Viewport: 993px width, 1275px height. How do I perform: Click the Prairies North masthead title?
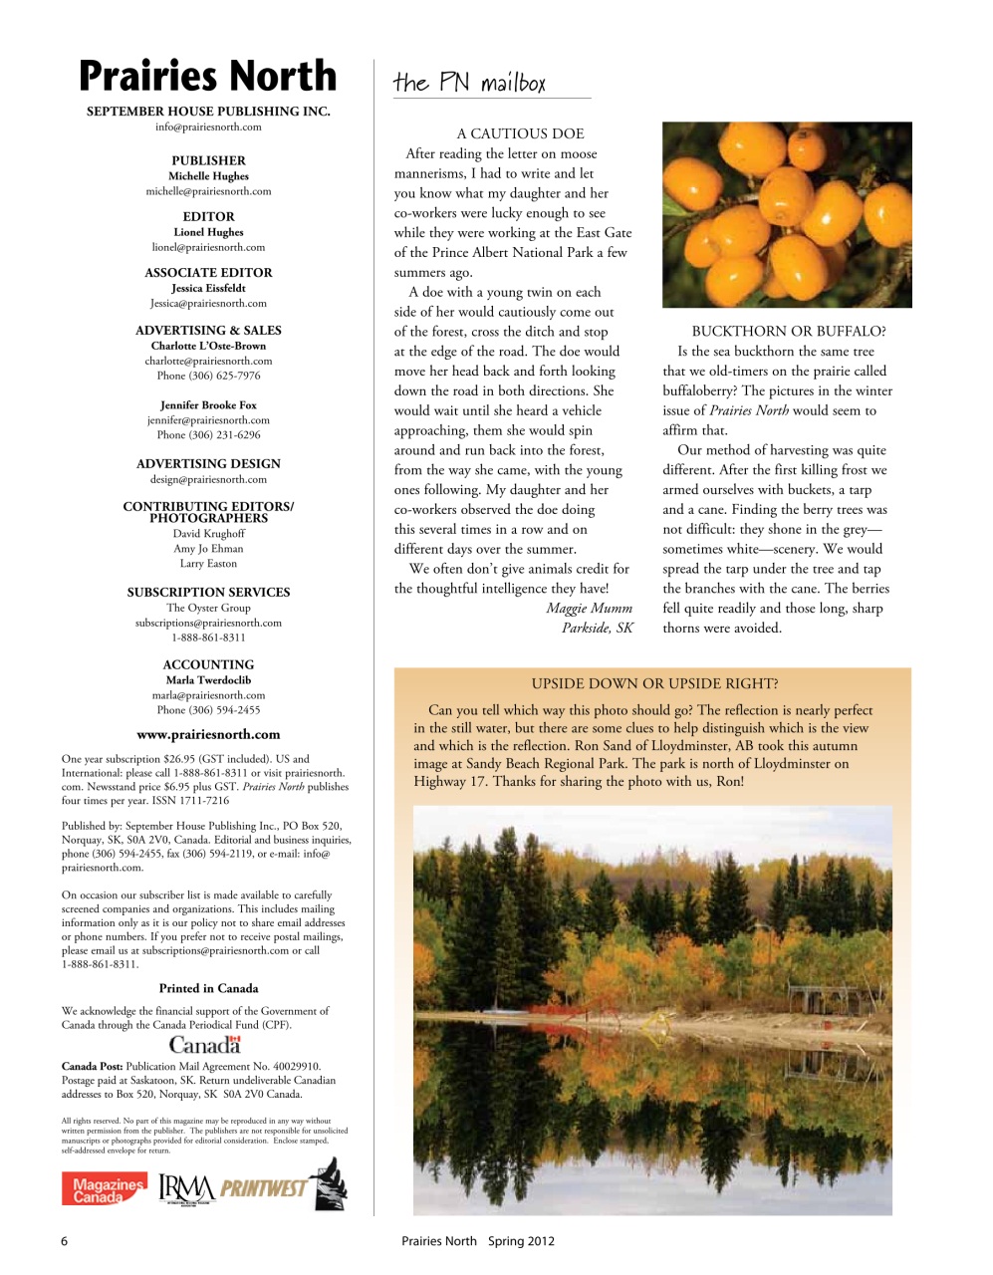(207, 77)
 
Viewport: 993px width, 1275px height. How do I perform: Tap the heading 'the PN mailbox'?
(469, 83)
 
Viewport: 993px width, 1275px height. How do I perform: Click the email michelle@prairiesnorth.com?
(208, 191)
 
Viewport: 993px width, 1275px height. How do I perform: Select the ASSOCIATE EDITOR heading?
(208, 272)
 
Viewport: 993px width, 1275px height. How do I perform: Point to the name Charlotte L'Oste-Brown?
(208, 346)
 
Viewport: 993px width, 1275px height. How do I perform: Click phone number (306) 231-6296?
(208, 435)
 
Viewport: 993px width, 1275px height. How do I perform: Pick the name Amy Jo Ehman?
(208, 549)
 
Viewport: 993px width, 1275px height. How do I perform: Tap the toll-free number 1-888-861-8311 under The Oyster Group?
(208, 637)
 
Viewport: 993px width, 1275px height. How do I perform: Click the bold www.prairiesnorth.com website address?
(208, 735)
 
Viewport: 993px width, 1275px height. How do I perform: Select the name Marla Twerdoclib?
(208, 680)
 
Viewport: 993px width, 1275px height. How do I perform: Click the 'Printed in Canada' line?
(208, 989)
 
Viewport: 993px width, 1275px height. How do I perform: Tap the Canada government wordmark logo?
(205, 1045)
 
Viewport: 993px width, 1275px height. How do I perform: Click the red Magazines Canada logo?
(104, 1189)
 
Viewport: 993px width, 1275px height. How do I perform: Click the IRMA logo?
(186, 1187)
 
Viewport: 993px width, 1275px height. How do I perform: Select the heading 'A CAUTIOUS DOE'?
(520, 133)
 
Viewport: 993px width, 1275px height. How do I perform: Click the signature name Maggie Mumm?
(589, 609)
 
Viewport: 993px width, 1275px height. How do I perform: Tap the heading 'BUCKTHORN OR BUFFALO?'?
(788, 332)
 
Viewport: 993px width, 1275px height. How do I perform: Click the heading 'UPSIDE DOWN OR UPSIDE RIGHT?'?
(654, 683)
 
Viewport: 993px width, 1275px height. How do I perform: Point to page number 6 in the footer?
(65, 1241)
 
